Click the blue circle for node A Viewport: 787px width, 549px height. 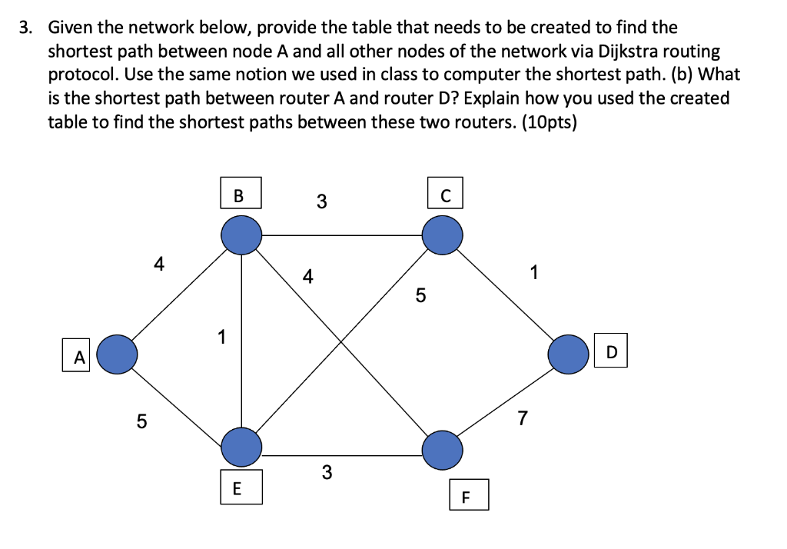[117, 354]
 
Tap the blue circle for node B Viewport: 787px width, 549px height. [242, 234]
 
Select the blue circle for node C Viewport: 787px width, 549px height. [442, 234]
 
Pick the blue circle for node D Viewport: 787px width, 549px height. [569, 354]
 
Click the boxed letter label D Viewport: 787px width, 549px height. [611, 352]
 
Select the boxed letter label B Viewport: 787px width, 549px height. [238, 195]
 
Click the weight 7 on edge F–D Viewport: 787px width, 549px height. [523, 418]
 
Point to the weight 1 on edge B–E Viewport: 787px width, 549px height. [221, 337]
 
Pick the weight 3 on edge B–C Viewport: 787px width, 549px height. [321, 202]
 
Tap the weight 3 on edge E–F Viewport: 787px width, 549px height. [327, 472]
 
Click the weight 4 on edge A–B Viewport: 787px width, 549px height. [158, 265]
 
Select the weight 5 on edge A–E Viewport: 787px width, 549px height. [141, 421]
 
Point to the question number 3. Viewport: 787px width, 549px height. [26, 28]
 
